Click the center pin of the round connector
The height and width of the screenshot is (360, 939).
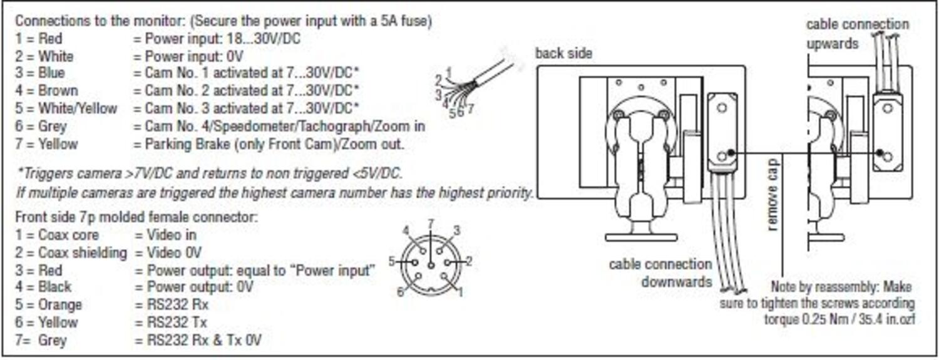(x=430, y=265)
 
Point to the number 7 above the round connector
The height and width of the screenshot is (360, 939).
(x=430, y=224)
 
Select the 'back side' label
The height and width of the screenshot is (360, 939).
(x=563, y=53)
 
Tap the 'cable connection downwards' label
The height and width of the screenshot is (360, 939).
(x=660, y=272)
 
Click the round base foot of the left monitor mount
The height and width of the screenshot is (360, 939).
(x=641, y=237)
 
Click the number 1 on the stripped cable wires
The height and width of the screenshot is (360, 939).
(x=448, y=70)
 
